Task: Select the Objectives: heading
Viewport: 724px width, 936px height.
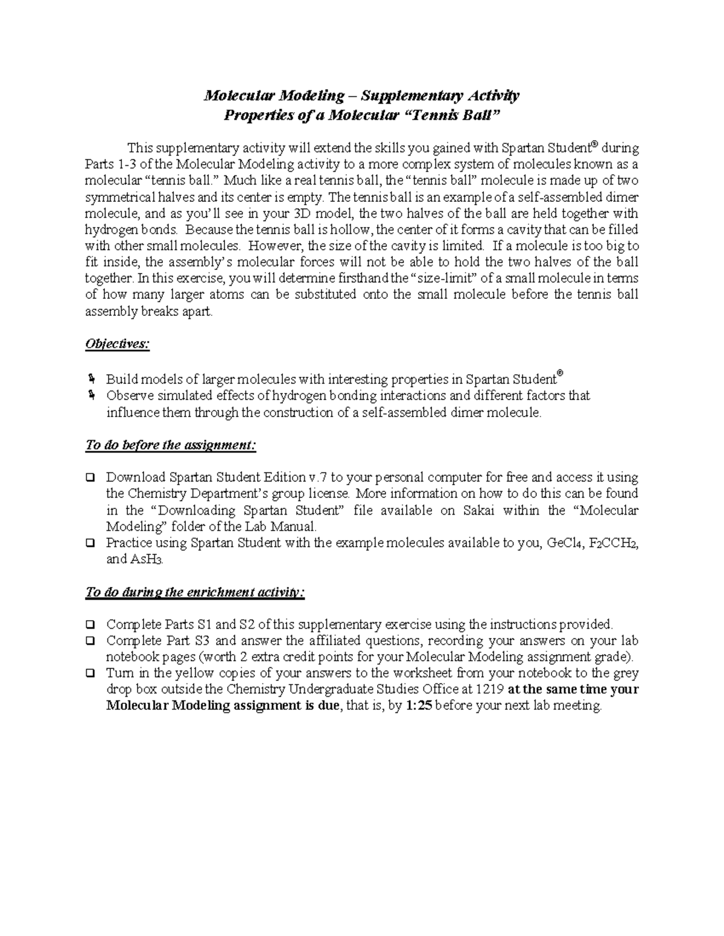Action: click(117, 344)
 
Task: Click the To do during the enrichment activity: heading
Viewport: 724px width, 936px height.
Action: click(195, 592)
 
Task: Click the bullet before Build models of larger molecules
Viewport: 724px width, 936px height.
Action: click(91, 379)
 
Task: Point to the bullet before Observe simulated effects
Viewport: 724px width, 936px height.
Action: click(91, 395)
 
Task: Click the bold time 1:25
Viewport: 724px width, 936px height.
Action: click(418, 706)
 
